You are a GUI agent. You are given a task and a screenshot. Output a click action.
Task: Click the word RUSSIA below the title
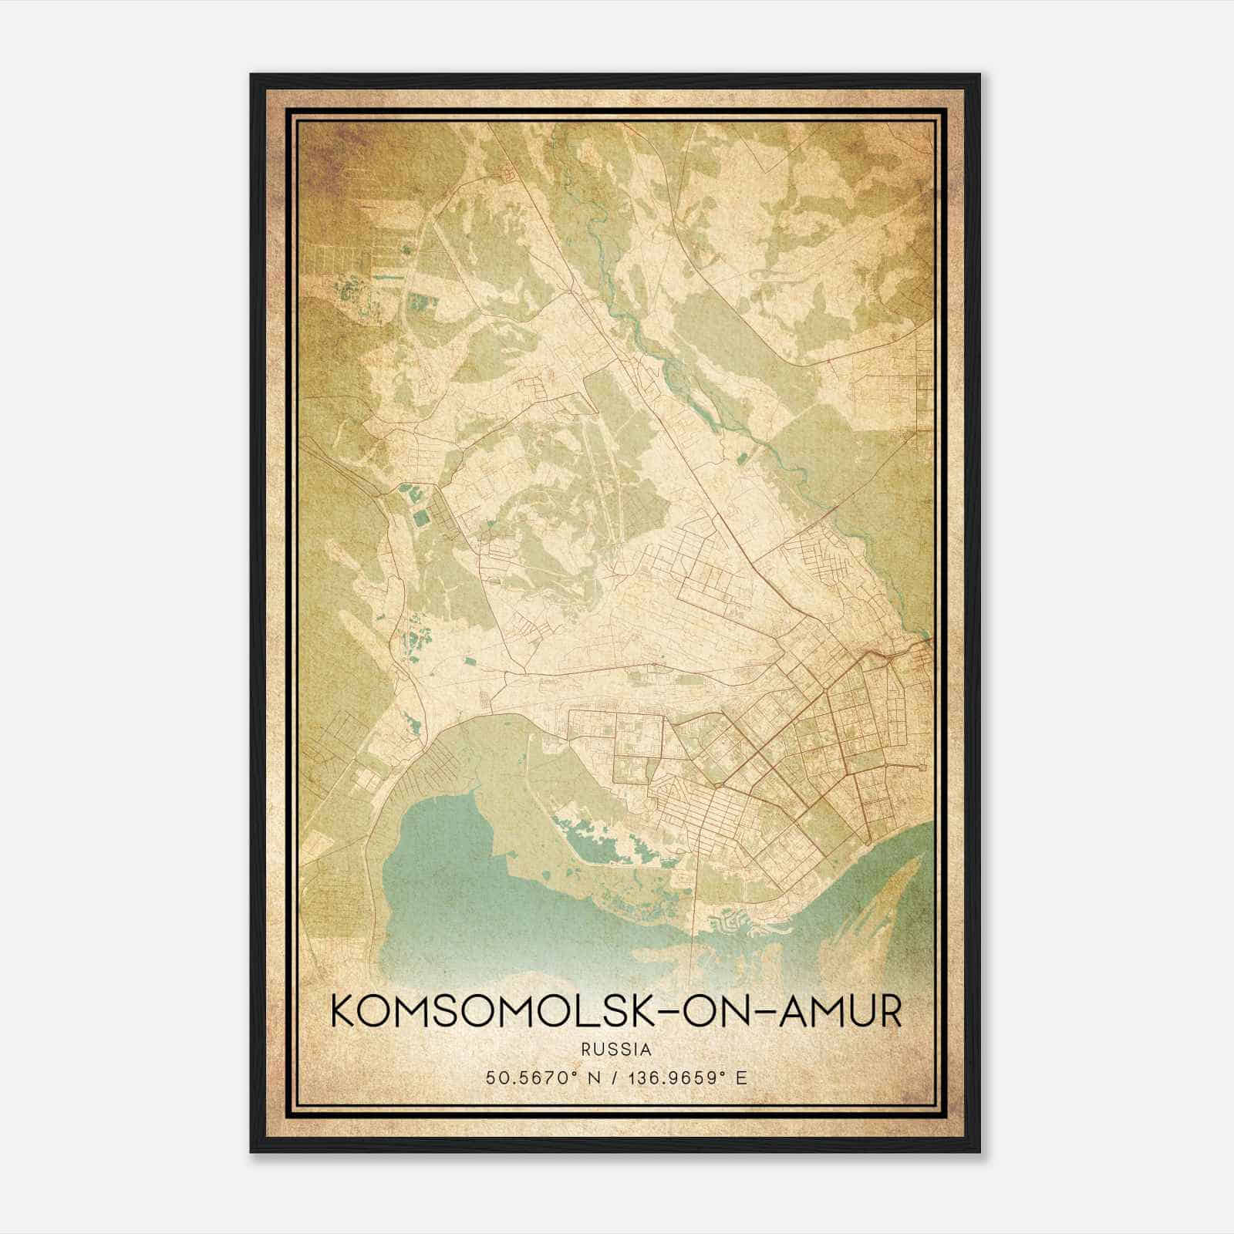coord(617,1050)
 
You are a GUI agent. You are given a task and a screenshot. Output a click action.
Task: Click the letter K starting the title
coord(344,1013)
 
